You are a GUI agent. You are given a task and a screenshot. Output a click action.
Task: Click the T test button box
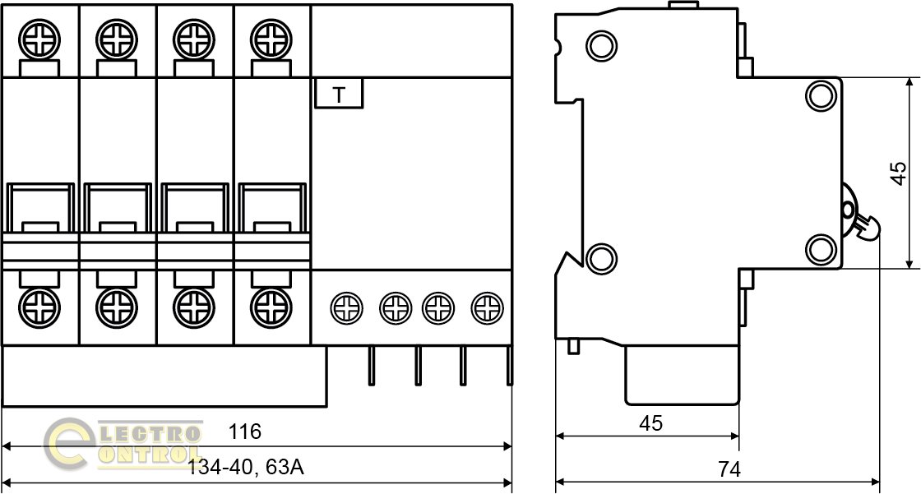pyautogui.click(x=339, y=95)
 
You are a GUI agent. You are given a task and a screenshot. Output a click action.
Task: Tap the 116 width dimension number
pyautogui.click(x=245, y=432)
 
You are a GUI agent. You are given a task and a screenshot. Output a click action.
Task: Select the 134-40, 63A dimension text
pyautogui.click(x=246, y=469)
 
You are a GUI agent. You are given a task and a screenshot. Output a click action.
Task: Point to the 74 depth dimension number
pyautogui.click(x=729, y=469)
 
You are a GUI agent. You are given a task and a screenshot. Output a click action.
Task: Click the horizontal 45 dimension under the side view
pyautogui.click(x=650, y=423)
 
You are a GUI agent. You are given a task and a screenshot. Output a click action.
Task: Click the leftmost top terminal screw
pyautogui.click(x=39, y=38)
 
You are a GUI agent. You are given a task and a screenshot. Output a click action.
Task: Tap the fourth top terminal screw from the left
pyautogui.click(x=271, y=38)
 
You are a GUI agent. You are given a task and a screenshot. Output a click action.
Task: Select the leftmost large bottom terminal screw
pyautogui.click(x=39, y=308)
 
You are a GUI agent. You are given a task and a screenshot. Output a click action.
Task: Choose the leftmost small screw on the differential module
pyautogui.click(x=345, y=308)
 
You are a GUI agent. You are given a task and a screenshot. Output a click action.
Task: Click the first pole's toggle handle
pyautogui.click(x=39, y=210)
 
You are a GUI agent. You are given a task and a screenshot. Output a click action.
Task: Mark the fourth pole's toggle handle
pyautogui.click(x=271, y=210)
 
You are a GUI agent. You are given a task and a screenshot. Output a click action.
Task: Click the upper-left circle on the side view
pyautogui.click(x=601, y=44)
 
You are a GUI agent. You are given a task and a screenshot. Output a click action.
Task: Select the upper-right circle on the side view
pyautogui.click(x=820, y=96)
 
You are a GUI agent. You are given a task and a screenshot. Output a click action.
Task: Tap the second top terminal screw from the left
pyautogui.click(x=116, y=38)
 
